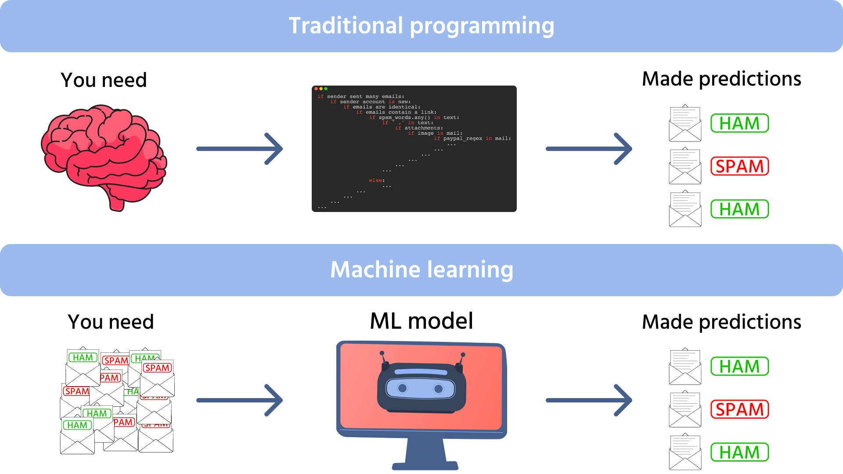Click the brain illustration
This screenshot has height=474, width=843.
104,156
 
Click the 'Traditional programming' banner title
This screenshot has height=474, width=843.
421,25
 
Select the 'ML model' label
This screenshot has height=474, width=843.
421,321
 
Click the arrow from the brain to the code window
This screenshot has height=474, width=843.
239,149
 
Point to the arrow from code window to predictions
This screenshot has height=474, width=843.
588,149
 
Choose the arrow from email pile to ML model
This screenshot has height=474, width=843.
239,400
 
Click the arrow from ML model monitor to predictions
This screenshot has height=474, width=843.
588,400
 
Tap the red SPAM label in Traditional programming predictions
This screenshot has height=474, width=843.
740,166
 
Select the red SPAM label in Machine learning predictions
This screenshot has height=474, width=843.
740,409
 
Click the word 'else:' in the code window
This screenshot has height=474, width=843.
377,180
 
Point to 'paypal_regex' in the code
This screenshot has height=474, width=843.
462,139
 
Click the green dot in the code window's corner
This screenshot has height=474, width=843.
326,89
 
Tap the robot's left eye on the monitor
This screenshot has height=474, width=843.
402,388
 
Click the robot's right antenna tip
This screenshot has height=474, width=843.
463,355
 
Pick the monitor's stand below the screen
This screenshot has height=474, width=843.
425,454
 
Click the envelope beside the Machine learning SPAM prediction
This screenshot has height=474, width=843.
685,409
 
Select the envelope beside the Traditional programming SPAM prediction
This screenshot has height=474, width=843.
685,167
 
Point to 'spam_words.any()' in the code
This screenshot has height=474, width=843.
404,118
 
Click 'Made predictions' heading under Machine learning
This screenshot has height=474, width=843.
721,322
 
